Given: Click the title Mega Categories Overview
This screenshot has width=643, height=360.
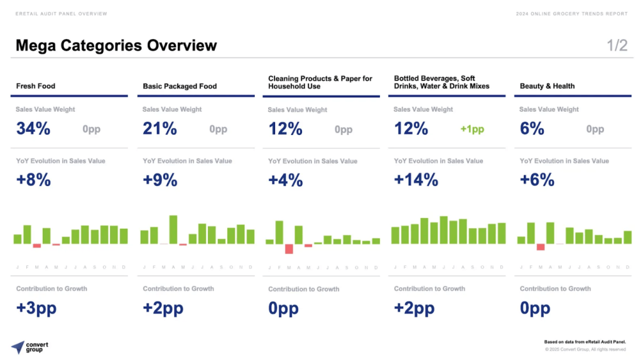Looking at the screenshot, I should tap(116, 45).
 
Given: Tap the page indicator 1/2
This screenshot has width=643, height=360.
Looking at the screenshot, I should tap(617, 45).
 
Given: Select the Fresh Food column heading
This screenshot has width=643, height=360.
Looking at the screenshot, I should tap(36, 86).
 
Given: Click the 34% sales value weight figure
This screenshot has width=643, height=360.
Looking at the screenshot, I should tap(33, 129).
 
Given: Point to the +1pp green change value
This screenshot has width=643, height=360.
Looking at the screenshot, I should tap(472, 129).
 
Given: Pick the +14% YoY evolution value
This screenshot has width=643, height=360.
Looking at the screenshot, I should tap(416, 180).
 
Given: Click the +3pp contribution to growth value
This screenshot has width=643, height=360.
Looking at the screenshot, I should tap(36, 308).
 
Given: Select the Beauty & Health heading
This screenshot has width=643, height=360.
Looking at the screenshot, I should tap(547, 86).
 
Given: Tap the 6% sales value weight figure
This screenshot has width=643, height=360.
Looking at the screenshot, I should tap(532, 129).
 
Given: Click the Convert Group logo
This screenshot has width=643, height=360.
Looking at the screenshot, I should tap(30, 347).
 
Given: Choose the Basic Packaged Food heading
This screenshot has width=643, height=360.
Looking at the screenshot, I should tap(180, 86).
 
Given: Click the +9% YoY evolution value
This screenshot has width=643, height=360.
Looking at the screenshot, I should tap(159, 180).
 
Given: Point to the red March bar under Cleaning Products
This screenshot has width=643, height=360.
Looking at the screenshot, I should tap(289, 249).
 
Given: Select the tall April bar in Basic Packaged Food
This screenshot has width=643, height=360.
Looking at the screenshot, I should tap(173, 229).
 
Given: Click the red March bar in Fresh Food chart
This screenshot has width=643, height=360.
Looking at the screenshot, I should tap(36, 246).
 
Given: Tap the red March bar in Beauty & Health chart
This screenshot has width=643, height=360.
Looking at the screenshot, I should tap(541, 247).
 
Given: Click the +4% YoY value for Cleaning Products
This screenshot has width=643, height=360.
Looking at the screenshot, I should tap(285, 180).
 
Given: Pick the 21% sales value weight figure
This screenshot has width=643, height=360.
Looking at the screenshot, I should tap(159, 129).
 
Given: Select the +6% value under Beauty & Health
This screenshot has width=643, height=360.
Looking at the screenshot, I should tap(537, 180).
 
